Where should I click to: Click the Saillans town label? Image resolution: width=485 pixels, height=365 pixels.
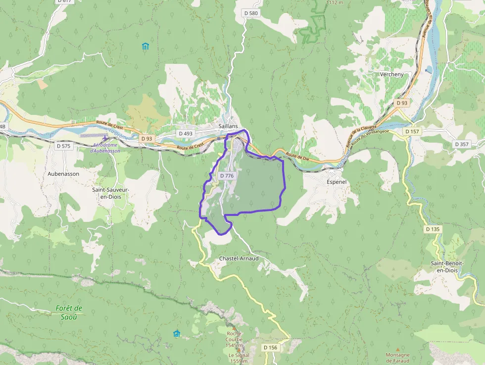228,126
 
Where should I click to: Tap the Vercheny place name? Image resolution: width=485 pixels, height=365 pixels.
391,74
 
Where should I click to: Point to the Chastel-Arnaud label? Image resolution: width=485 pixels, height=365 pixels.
239,259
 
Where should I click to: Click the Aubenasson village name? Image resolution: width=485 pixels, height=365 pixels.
63,174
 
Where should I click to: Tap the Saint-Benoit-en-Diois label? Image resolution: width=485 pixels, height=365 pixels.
447,266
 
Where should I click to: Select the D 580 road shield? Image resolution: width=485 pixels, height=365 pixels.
251,13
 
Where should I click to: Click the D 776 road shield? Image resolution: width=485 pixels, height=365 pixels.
226,176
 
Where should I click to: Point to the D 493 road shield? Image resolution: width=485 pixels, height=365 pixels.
185,134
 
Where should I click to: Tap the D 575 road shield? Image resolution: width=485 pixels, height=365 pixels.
63,146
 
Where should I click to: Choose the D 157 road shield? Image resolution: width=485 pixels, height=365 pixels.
412,132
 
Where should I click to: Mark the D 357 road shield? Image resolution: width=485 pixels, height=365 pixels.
461,144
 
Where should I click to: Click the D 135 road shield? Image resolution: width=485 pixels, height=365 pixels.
433,229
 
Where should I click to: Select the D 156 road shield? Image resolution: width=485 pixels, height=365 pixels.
270,348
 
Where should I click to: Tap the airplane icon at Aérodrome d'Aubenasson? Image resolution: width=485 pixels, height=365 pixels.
105,138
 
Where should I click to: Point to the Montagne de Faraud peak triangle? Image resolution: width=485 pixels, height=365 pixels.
397,349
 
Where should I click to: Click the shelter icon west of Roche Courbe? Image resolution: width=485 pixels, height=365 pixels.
177,333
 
